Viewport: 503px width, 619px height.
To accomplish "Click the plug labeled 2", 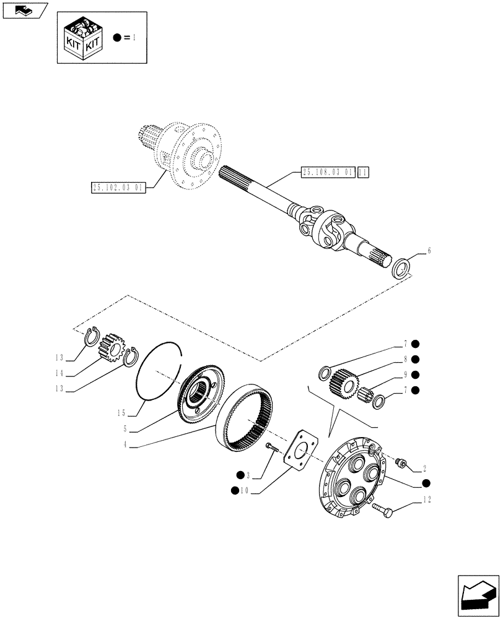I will pyautogui.click(x=400, y=462).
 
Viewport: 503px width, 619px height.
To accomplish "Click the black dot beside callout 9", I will pyautogui.click(x=415, y=374).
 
